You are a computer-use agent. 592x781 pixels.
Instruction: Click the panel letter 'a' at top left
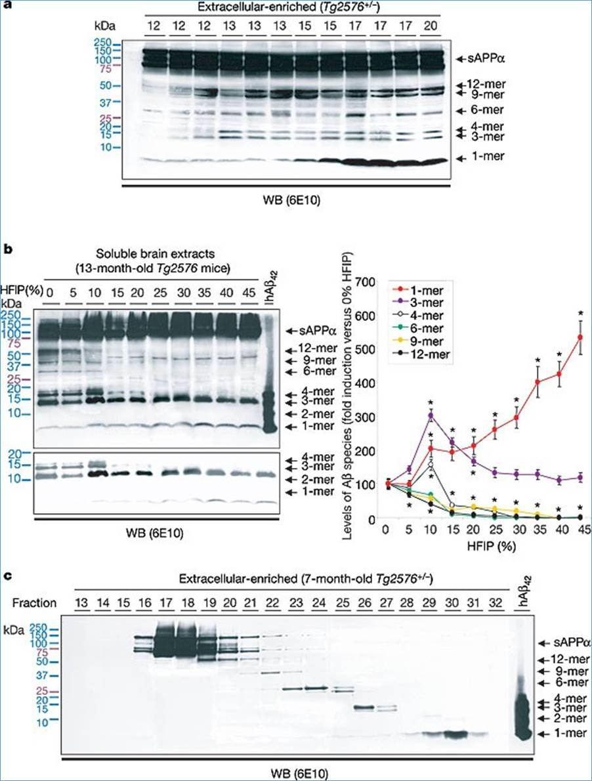click(6, 6)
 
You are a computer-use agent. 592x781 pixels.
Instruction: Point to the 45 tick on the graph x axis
click(580, 530)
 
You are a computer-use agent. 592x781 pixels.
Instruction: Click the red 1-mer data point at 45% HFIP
click(580, 337)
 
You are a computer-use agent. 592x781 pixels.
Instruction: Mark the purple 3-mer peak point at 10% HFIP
click(431, 415)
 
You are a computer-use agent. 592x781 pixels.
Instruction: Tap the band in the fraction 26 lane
click(362, 707)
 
